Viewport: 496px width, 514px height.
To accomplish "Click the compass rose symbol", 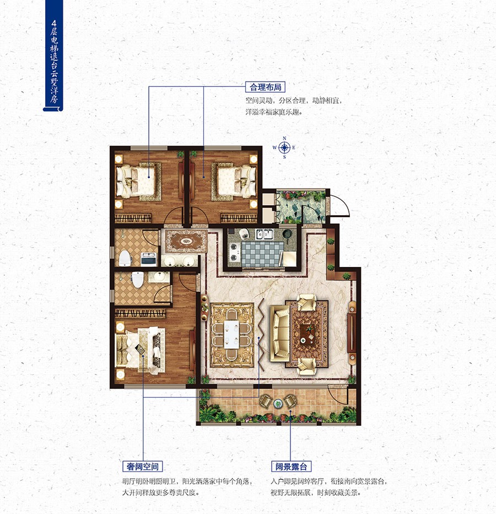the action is click(x=284, y=147).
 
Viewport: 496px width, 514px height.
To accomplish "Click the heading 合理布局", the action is click(x=266, y=87).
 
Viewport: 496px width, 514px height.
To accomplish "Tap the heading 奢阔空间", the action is click(x=143, y=466).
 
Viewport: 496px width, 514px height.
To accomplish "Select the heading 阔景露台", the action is click(x=291, y=466).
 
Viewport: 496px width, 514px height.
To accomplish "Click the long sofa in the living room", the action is click(x=279, y=333).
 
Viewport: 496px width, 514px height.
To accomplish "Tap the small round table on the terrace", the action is click(x=278, y=404).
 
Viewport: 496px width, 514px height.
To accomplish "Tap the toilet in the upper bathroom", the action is click(x=125, y=258).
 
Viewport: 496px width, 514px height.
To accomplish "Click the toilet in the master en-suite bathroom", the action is click(x=138, y=280).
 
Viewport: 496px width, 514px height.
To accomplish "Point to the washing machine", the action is click(x=149, y=259).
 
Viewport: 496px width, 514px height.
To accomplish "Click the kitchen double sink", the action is click(x=265, y=234).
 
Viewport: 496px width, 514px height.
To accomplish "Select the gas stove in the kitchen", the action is click(x=234, y=251).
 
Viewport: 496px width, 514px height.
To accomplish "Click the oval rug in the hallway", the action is click(x=186, y=241).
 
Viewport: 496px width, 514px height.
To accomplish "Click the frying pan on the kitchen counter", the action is click(x=287, y=234).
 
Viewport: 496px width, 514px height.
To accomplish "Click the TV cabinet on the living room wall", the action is click(x=352, y=332).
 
